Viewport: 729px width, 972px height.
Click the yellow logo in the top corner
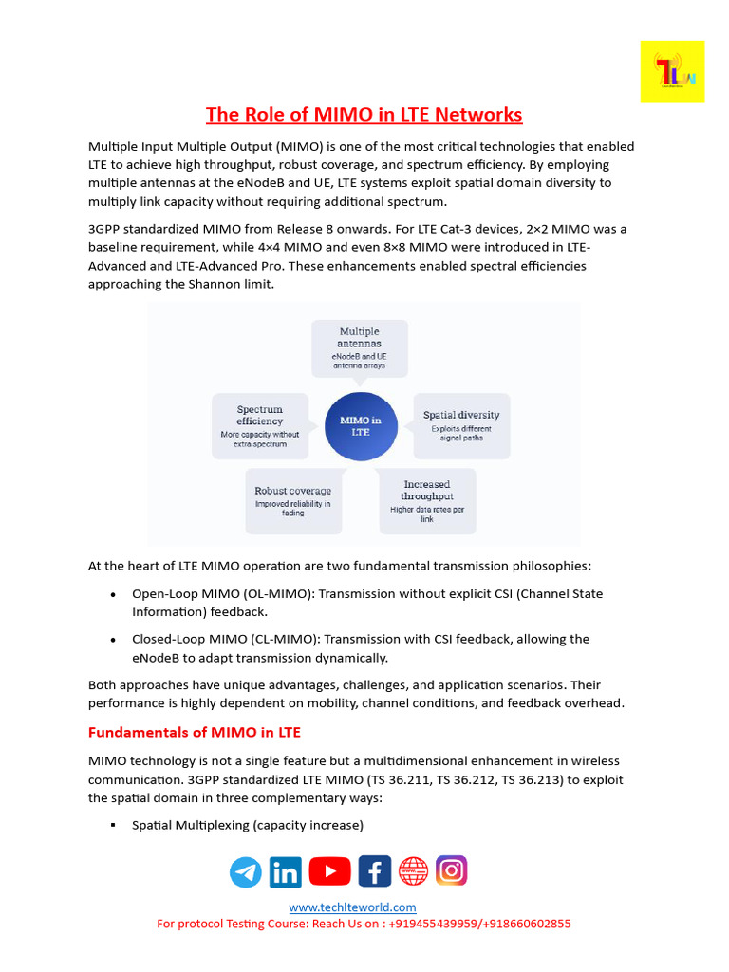(672, 71)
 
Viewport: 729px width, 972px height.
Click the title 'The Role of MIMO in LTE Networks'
(364, 115)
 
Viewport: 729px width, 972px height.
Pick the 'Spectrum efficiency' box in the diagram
(259, 426)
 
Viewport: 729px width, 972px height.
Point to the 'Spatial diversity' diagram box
(460, 426)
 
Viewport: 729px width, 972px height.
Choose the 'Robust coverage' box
(292, 501)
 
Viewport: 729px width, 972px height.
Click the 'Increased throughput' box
(426, 501)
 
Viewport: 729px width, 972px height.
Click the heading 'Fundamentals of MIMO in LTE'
(195, 733)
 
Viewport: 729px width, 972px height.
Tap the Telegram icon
(246, 871)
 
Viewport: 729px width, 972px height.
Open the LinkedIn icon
(285, 871)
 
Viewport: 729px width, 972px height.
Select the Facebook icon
(375, 870)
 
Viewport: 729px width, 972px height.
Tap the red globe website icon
(413, 870)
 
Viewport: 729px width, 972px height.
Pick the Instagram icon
(451, 870)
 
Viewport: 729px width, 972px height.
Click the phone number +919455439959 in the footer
(434, 924)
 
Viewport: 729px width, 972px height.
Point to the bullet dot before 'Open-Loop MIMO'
(114, 594)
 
